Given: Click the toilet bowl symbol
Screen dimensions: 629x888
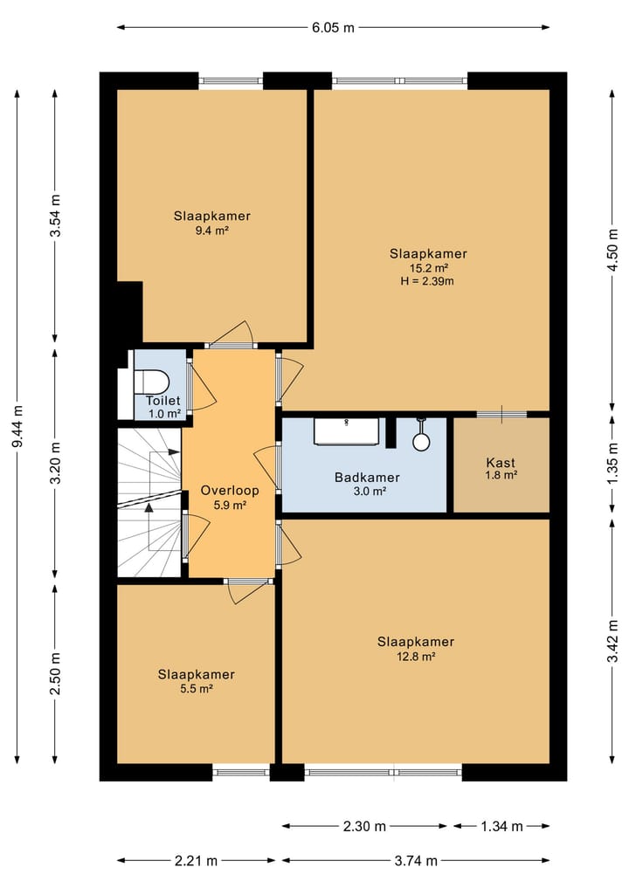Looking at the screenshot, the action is pyautogui.click(x=151, y=382).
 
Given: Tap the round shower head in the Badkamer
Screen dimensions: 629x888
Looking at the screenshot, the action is pyautogui.click(x=421, y=441).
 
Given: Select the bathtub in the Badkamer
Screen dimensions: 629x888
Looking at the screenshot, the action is pyautogui.click(x=346, y=432).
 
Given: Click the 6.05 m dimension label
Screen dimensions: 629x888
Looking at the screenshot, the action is pyautogui.click(x=333, y=27).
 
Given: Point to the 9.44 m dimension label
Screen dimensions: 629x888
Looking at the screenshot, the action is pyautogui.click(x=17, y=426).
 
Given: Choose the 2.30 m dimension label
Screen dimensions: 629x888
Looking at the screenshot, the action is pyautogui.click(x=364, y=826).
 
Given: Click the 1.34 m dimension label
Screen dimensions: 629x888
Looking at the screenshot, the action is pyautogui.click(x=501, y=826).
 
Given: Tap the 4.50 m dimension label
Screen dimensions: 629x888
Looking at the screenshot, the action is pyautogui.click(x=612, y=251).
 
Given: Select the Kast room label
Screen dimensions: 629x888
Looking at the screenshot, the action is pyautogui.click(x=501, y=463).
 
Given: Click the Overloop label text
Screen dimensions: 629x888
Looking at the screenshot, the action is pyautogui.click(x=230, y=491).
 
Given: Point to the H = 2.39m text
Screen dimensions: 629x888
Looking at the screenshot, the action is pyautogui.click(x=427, y=281).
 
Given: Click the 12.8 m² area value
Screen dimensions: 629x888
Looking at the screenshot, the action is pyautogui.click(x=416, y=657).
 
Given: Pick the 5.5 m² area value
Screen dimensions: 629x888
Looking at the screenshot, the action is pyautogui.click(x=196, y=689).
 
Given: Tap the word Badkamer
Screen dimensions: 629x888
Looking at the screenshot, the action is pyautogui.click(x=367, y=478).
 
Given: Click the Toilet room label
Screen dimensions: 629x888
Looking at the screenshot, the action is pyautogui.click(x=163, y=401).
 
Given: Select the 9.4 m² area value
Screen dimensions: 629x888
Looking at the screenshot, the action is pyautogui.click(x=212, y=231).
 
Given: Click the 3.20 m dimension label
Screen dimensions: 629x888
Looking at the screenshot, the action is pyautogui.click(x=55, y=463).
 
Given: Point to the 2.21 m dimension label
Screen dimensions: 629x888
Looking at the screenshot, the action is pyautogui.click(x=196, y=861).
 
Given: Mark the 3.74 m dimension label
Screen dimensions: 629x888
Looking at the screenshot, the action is pyautogui.click(x=416, y=861).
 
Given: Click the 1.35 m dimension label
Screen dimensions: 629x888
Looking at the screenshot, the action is pyautogui.click(x=612, y=464).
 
